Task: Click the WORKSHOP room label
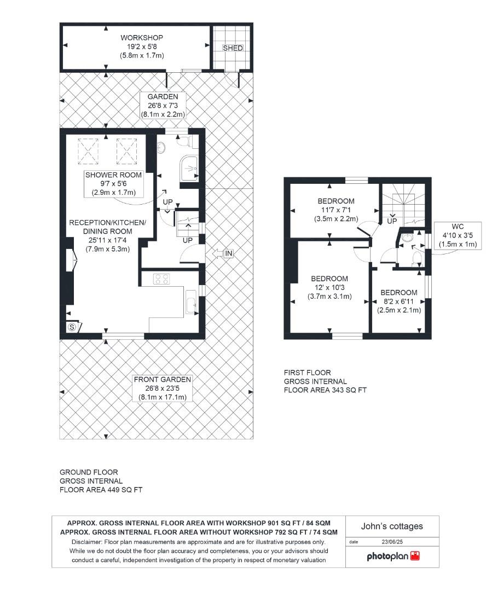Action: pyautogui.click(x=142, y=38)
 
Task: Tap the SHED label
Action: pyautogui.click(x=233, y=48)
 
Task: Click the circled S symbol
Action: pyautogui.click(x=72, y=327)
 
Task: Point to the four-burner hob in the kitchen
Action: pyautogui.click(x=161, y=279)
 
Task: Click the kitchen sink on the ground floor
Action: pyautogui.click(x=192, y=302)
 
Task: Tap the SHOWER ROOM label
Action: pyautogui.click(x=113, y=175)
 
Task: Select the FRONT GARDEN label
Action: pyautogui.click(x=163, y=379)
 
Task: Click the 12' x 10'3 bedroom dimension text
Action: pyautogui.click(x=331, y=287)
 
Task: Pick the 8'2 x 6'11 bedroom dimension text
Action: pyautogui.click(x=398, y=302)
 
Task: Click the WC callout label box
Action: pyautogui.click(x=458, y=235)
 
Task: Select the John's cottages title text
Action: pyautogui.click(x=392, y=526)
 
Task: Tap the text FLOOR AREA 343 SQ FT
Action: pyautogui.click(x=325, y=390)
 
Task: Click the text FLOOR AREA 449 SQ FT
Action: pyautogui.click(x=101, y=490)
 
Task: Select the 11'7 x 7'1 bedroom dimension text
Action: pyautogui.click(x=334, y=210)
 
